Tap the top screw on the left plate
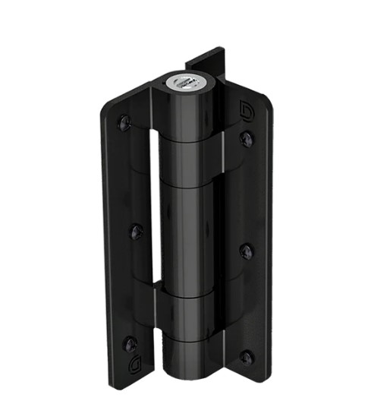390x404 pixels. pos(124,121)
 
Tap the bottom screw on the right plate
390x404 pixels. pos(246,355)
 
